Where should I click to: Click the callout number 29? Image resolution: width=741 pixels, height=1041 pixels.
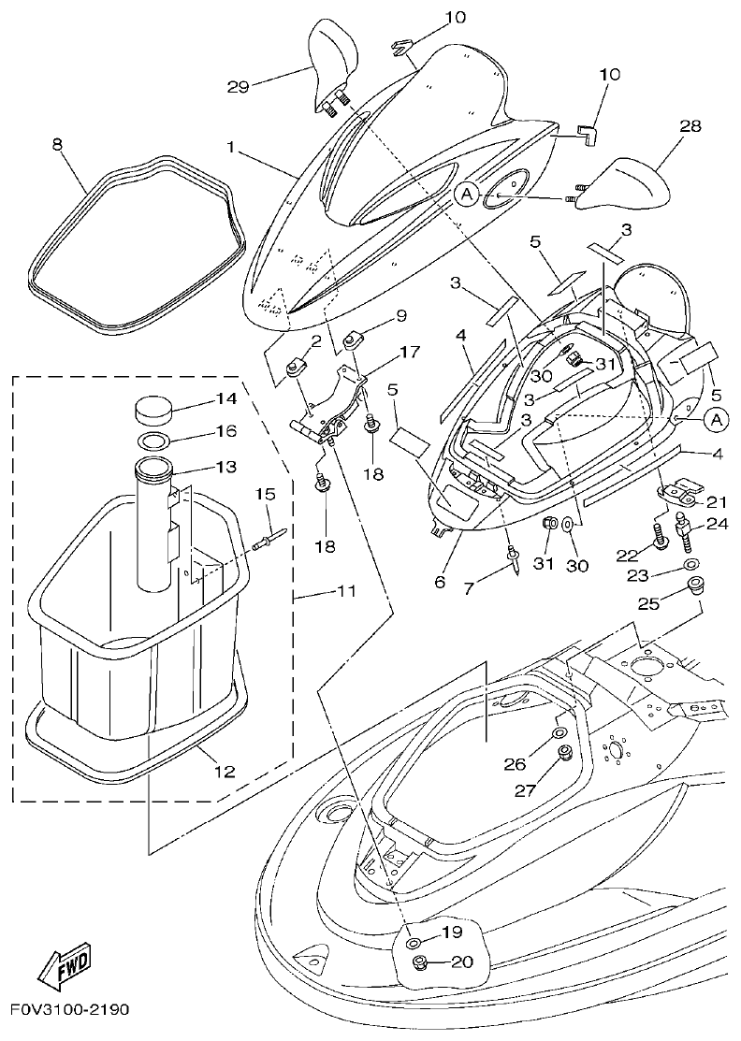(240, 86)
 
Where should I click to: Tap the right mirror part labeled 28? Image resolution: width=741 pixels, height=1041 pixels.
(624, 182)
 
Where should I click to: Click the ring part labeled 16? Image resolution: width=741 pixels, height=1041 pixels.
(154, 441)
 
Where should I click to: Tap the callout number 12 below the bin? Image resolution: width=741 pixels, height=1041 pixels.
(225, 772)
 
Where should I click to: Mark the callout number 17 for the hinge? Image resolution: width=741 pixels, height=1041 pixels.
(410, 353)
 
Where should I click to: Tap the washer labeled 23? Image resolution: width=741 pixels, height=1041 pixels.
(690, 565)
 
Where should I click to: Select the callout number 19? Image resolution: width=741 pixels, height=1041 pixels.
(452, 932)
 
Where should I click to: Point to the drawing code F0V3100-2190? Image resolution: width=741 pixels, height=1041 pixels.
(70, 1011)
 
